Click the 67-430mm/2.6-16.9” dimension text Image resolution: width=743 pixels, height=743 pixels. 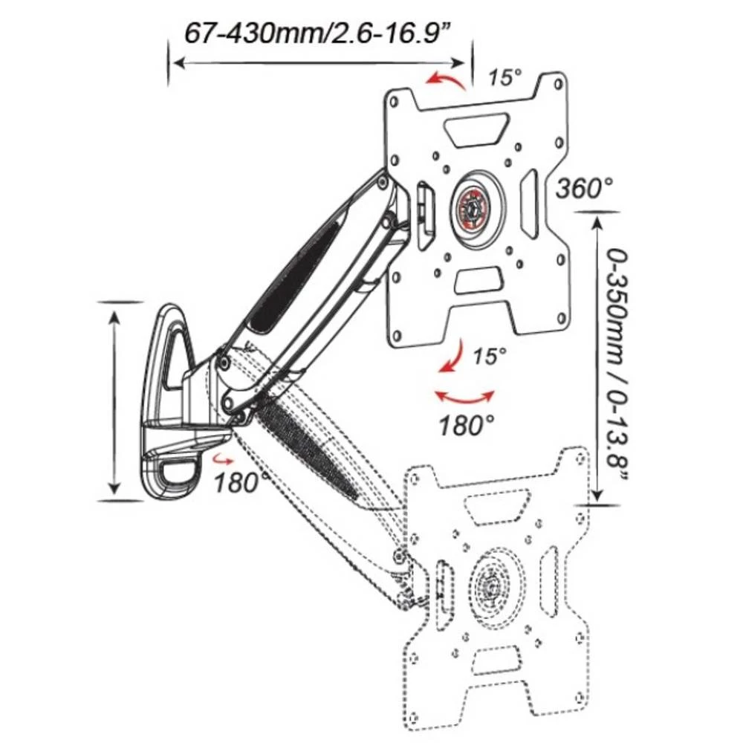319,34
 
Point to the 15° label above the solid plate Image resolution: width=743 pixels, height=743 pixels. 506,77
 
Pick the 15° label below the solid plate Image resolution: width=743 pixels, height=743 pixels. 489,356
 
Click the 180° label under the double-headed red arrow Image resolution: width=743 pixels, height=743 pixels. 466,426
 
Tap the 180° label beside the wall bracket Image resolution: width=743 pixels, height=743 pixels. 242,482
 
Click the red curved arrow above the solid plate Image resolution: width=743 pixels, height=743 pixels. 447,80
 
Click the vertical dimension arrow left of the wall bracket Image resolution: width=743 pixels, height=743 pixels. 114,401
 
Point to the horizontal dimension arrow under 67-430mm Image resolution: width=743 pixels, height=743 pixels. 319,64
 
